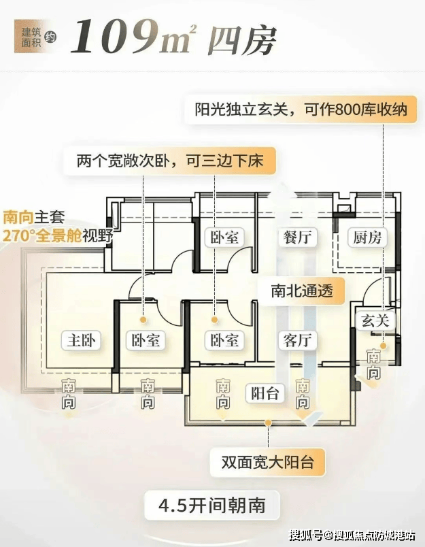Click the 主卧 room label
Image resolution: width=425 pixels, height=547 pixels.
(81, 340)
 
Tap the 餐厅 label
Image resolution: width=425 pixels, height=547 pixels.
(297, 237)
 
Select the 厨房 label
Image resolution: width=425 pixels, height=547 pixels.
(367, 237)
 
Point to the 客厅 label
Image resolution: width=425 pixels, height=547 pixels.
(297, 340)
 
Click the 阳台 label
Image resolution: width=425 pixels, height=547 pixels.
(265, 393)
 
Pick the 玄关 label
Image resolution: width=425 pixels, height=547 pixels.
(375, 320)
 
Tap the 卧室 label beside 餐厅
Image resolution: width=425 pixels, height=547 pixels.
(224, 237)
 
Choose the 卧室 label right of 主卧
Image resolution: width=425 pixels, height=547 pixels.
(145, 340)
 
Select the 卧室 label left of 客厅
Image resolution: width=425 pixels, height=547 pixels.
(224, 340)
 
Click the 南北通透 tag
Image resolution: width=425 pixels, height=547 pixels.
(302, 291)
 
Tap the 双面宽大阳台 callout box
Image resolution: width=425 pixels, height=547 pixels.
(268, 463)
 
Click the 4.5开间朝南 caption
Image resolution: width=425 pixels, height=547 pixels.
(212, 505)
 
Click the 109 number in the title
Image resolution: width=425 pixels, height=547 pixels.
(116, 37)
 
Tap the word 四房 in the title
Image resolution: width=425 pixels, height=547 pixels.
(242, 40)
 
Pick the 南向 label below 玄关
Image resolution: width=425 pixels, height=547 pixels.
(373, 364)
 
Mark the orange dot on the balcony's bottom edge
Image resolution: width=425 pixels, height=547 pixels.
(268, 422)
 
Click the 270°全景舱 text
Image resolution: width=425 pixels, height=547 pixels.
(42, 237)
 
